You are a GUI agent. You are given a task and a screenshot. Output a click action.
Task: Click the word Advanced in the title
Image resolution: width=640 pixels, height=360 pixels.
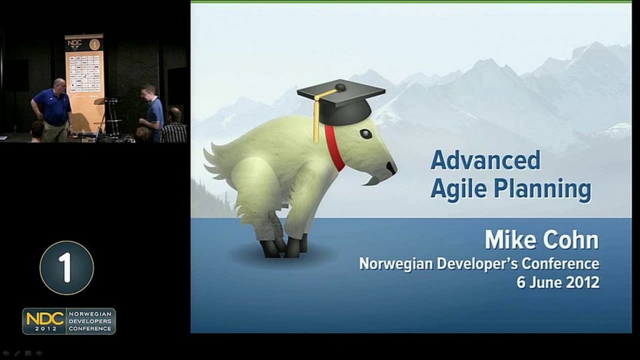[x=485, y=160]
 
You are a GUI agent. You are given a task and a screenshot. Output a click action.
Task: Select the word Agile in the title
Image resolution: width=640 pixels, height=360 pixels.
[x=458, y=189]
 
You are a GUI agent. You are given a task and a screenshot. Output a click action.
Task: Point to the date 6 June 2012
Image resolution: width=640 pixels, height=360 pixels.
[x=557, y=282]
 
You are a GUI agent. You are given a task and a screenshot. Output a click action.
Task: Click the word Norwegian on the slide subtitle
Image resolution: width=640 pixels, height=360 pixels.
[x=397, y=263]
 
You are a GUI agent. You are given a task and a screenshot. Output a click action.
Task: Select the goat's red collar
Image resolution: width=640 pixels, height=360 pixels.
[x=335, y=149]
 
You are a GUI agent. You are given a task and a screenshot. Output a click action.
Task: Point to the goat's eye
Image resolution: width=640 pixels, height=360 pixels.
[x=365, y=133]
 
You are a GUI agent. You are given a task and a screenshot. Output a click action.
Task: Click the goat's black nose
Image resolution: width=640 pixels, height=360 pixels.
[x=391, y=167]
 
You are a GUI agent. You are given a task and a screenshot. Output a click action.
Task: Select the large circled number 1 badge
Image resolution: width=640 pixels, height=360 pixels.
[x=66, y=267]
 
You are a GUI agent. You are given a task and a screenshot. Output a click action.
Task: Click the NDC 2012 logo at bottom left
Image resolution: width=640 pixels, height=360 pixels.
[x=69, y=321]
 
